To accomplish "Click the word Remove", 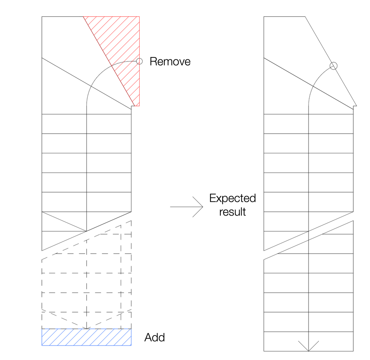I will pos(170,61).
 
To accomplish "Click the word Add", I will pos(154,337).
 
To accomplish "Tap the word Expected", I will pos(232,198).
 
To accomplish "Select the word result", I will pos(232,212).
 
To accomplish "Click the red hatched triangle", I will pos(122,48).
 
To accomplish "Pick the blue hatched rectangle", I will pos(87,337).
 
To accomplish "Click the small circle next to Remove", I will pos(139,61).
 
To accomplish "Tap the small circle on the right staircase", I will pos(334,66).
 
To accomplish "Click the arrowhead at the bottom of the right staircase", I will pos(309,347).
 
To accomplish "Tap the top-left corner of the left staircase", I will pos(42,17).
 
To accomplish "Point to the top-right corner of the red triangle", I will pos(139,17).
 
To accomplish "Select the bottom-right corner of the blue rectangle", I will pos(131,345).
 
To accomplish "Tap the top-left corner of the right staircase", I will pos(264,17).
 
